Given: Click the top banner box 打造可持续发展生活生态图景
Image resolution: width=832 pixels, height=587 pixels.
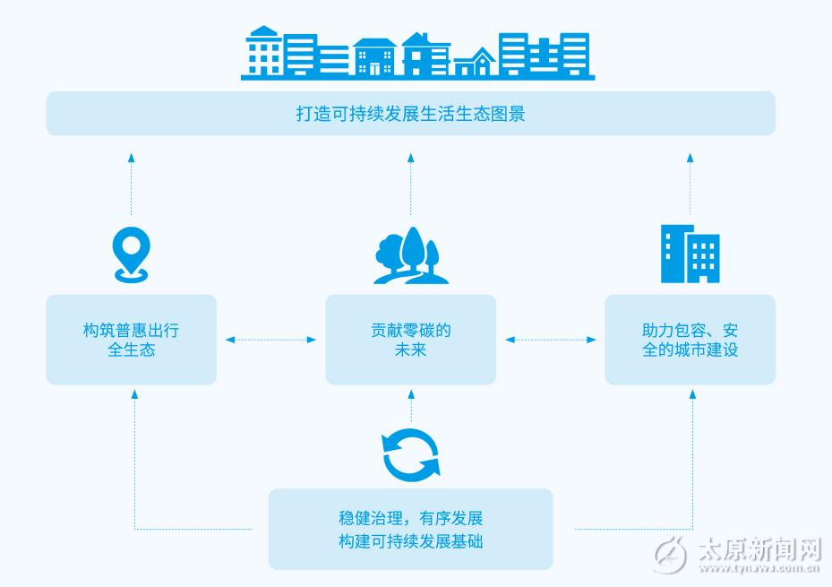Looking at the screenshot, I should click(410, 114).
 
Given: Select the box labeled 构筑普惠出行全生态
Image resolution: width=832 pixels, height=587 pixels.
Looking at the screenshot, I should click(132, 340).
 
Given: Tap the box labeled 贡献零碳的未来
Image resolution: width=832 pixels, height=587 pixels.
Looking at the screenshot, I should click(410, 340).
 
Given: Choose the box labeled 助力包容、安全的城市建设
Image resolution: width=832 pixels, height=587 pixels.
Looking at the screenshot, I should click(690, 340).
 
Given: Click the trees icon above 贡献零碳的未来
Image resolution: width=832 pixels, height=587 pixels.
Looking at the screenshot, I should click(411, 256).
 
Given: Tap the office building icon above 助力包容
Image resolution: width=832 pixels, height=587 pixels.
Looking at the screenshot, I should click(690, 253).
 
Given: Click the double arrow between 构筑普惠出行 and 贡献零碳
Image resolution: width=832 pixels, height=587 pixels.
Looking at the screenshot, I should click(271, 340).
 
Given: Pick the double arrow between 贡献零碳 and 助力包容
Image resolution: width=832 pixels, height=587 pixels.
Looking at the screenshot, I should click(550, 340).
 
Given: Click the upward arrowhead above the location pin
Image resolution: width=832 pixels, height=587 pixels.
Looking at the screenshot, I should click(131, 158).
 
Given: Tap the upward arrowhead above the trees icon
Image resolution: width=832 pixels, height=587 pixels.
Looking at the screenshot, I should click(411, 158).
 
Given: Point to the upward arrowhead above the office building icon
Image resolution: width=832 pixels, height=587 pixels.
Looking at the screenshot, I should click(690, 158).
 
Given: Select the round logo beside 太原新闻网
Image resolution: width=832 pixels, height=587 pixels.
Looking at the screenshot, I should click(671, 555).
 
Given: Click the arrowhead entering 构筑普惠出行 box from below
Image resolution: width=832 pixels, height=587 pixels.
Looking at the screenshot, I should click(135, 393).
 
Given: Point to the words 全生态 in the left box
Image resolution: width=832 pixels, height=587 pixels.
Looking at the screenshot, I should click(132, 350).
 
